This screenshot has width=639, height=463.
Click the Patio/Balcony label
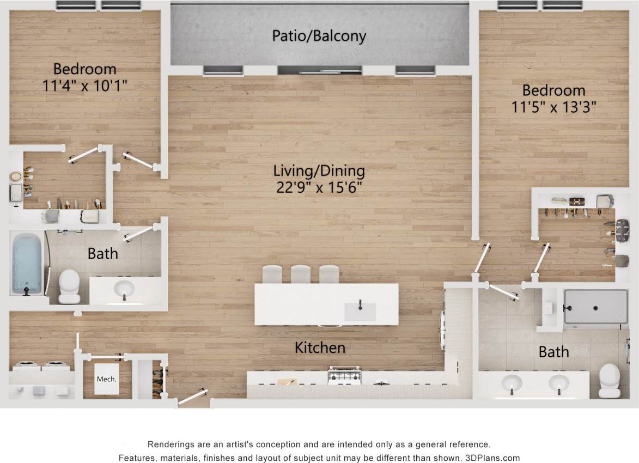(319, 36)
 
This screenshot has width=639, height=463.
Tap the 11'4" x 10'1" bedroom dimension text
(84, 86)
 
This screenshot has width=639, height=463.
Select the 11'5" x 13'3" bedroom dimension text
(554, 107)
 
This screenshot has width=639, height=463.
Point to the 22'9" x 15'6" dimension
(319, 188)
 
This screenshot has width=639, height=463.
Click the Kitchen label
(320, 348)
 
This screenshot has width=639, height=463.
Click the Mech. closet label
(106, 379)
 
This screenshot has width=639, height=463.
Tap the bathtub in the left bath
(27, 263)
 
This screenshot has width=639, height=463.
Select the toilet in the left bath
(69, 286)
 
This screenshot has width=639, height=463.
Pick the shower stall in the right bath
(596, 307)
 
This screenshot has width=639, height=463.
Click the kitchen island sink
(360, 311)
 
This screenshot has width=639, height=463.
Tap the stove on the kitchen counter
(344, 375)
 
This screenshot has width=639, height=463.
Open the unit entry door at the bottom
(193, 396)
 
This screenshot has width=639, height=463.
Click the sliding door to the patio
(320, 70)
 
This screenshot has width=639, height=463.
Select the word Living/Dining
(319, 171)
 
